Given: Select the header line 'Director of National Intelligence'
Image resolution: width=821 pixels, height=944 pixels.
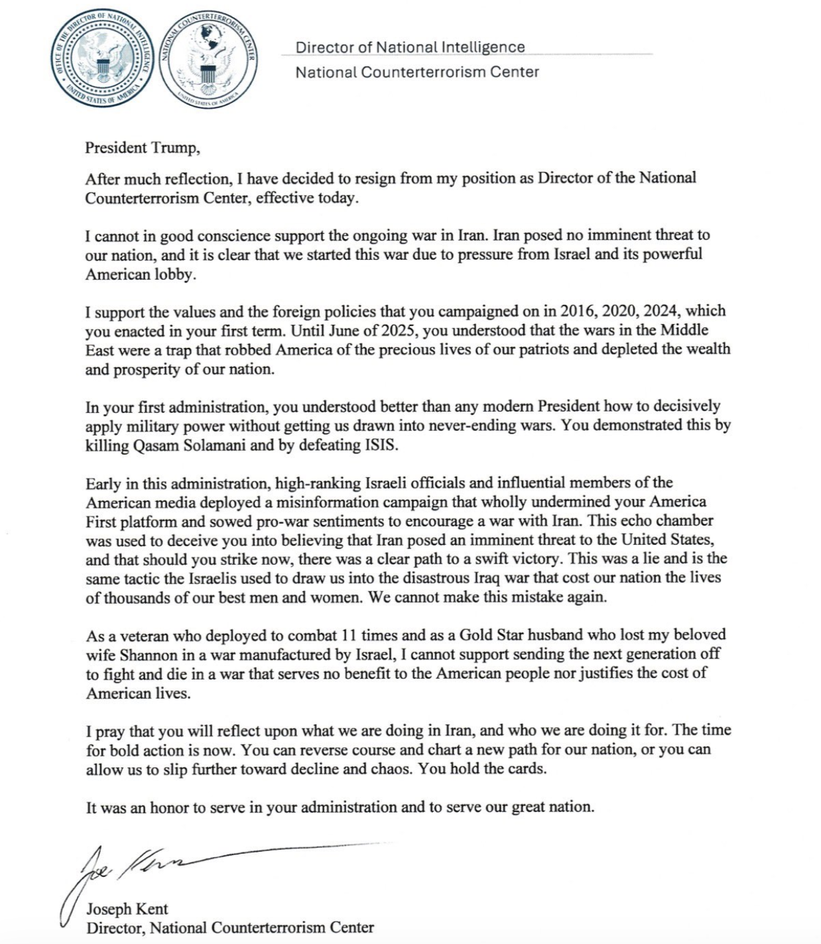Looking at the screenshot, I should click(410, 47).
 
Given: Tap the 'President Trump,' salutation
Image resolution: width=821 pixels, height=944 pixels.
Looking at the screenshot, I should click(142, 147).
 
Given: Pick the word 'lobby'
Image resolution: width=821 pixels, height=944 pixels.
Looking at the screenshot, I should click(175, 274).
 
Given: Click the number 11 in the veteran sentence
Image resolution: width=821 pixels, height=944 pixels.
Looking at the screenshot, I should click(349, 635).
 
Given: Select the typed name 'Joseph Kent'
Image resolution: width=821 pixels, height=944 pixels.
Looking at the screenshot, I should click(127, 909).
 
